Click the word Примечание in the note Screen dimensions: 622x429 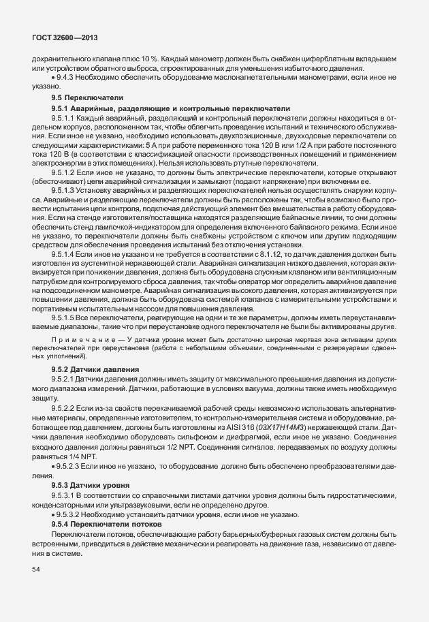(76, 339)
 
